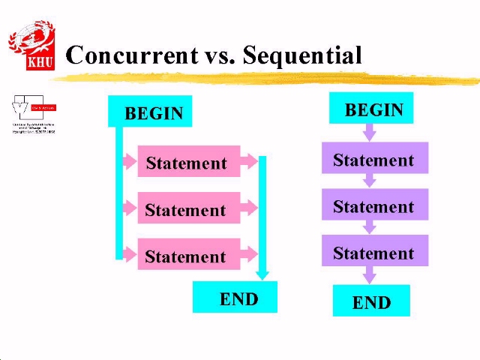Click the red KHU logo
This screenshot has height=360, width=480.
pyautogui.click(x=31, y=45)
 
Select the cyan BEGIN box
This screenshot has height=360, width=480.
pyautogui.click(x=151, y=112)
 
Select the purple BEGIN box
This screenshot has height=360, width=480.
pyautogui.click(x=371, y=109)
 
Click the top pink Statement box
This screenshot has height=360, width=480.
pyautogui.click(x=188, y=162)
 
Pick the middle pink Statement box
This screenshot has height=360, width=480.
pyautogui.click(x=188, y=208)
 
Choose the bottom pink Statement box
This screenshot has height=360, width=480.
pyautogui.click(x=188, y=255)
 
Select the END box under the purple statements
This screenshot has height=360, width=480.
pyautogui.click(x=371, y=301)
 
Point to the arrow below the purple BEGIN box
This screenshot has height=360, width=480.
pyautogui.click(x=369, y=133)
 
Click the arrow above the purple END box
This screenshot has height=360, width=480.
pyautogui.click(x=369, y=274)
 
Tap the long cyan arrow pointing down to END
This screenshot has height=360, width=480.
pyautogui.click(x=262, y=217)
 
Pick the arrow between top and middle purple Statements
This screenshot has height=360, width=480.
pyautogui.click(x=369, y=181)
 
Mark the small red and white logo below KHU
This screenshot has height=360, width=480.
pyautogui.click(x=33, y=114)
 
